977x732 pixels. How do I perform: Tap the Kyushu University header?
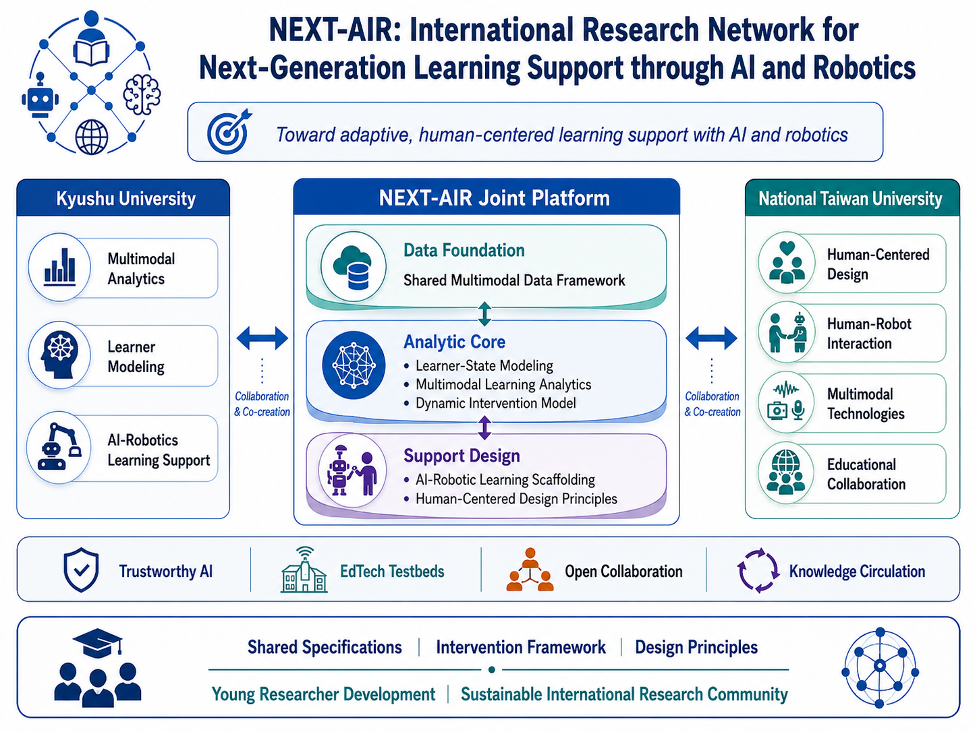pos(125,199)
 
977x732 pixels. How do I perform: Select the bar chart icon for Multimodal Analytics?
pos(59,267)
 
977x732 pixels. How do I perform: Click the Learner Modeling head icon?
pos(59,355)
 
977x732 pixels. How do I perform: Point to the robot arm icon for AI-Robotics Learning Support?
pos(59,446)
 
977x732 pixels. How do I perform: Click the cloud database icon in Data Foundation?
pos(353,267)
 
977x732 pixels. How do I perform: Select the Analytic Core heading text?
pos(455,342)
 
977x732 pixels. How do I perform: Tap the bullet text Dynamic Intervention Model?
pos(495,403)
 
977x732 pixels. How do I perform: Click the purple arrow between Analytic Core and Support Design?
pos(484,427)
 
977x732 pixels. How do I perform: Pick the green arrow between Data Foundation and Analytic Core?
pos(484,313)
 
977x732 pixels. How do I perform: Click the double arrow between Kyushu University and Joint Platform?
pos(262,338)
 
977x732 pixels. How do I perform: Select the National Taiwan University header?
pos(850,199)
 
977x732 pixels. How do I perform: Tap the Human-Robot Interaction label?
pos(869,334)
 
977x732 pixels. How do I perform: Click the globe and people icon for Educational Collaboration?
pos(786,472)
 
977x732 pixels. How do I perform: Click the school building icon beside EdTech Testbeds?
pos(304,570)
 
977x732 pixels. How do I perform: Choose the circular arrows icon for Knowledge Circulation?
pos(758,570)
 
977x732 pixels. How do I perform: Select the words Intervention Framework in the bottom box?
pos(520,647)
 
